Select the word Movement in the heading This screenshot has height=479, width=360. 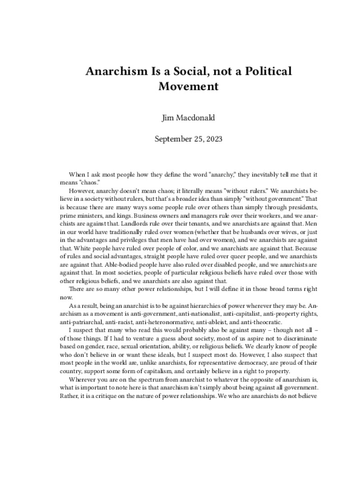tap(188, 86)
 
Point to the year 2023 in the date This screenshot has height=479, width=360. tap(213, 139)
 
